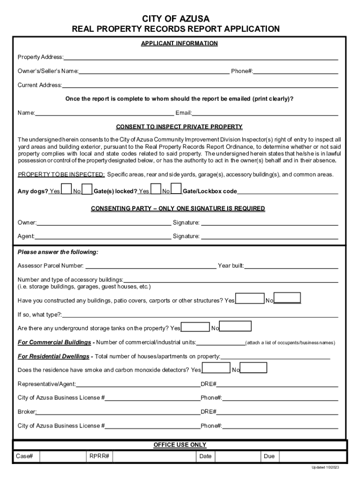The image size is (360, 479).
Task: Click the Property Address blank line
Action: point(201,57)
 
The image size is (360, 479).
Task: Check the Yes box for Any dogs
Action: point(67,189)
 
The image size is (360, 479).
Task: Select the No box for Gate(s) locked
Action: point(176,189)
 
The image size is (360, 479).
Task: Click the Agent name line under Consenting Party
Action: point(102,236)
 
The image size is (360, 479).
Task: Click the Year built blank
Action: point(291,266)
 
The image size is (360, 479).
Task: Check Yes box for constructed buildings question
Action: point(250,298)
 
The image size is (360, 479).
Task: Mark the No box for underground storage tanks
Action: point(235,326)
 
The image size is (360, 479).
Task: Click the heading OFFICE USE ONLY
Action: point(180,445)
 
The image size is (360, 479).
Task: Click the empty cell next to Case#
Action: point(62,456)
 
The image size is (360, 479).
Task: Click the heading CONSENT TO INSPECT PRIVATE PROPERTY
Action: point(179,127)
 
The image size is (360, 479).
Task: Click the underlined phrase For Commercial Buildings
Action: point(54,342)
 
